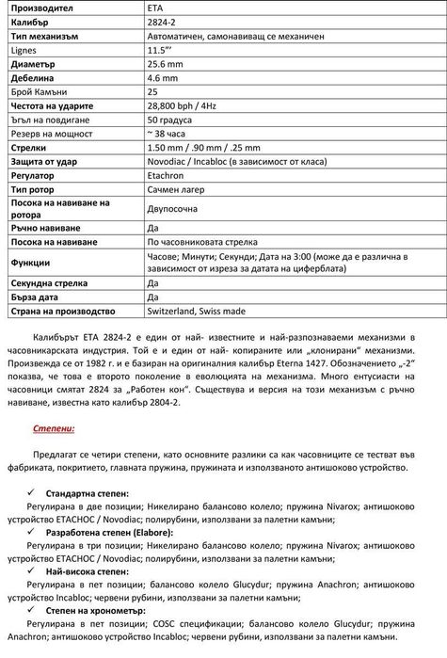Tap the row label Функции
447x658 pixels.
pyautogui.click(x=32, y=262)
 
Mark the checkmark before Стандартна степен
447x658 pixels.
pyautogui.click(x=36, y=492)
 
